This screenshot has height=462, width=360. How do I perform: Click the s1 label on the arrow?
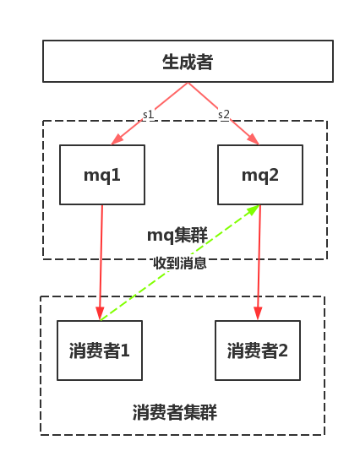coord(148,115)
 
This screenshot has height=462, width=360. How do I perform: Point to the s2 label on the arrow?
coord(224,114)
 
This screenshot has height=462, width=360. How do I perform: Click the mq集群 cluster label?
coord(177,235)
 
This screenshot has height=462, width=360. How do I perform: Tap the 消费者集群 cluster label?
coord(175,412)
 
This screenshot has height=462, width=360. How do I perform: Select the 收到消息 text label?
coord(180,263)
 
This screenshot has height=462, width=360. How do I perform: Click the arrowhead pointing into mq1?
coord(117,139)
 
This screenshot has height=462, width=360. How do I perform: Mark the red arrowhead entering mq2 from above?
coord(254,139)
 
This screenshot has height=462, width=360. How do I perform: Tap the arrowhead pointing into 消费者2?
coord(258,313)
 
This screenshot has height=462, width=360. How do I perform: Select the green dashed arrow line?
coord(180,263)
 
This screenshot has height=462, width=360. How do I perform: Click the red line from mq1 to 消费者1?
coord(101,263)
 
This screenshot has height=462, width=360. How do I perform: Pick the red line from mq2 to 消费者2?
coord(259,263)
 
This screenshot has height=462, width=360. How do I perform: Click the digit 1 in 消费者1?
coord(125,351)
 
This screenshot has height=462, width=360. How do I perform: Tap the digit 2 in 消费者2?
coord(283,351)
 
